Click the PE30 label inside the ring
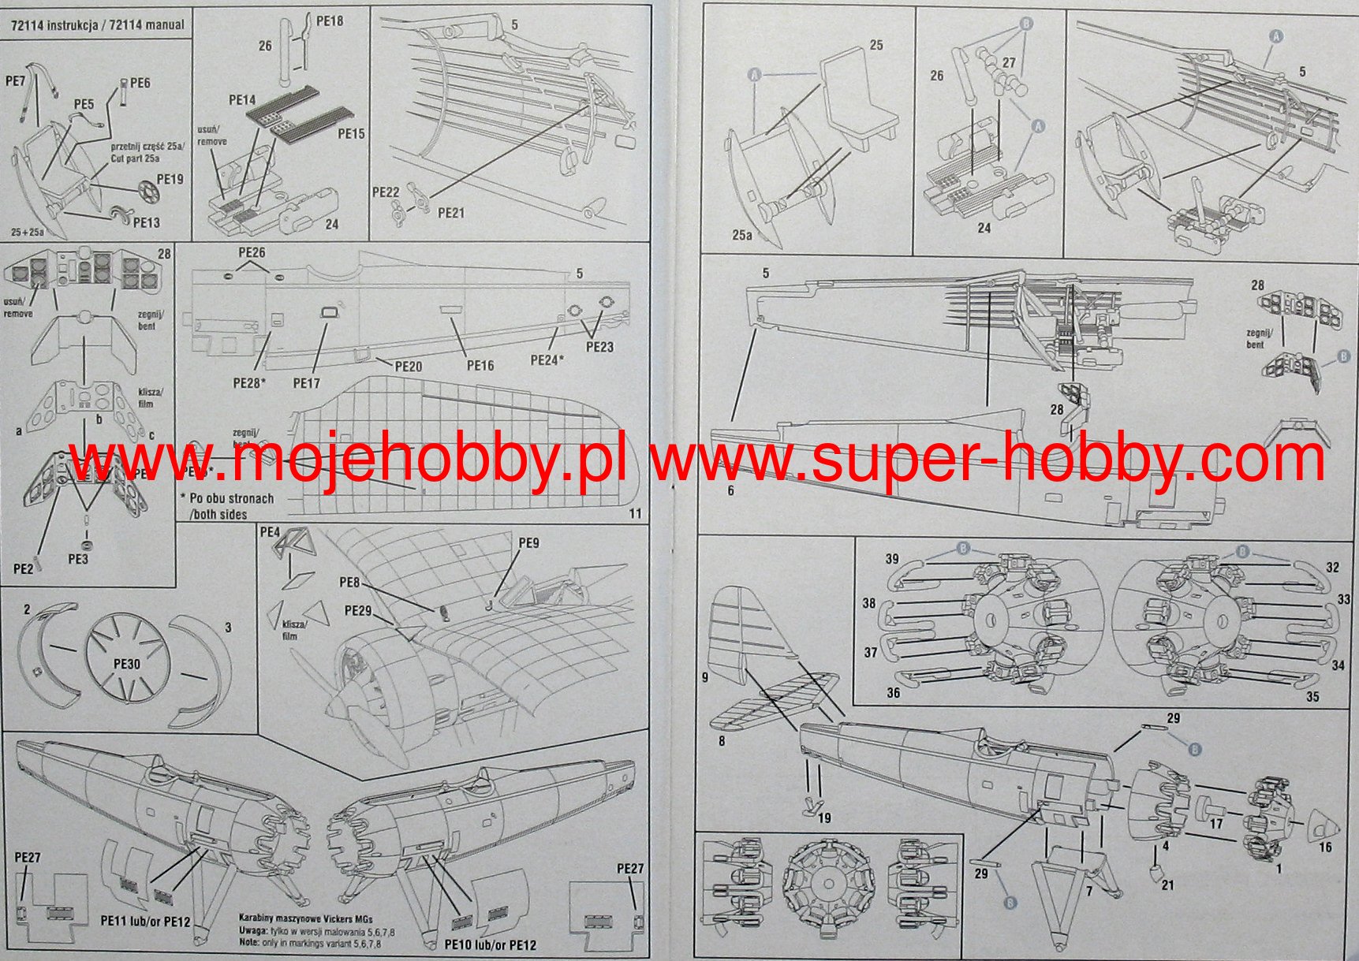tap(126, 664)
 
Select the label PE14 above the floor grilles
tap(242, 100)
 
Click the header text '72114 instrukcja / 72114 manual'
tap(98, 25)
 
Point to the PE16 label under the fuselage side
tap(480, 365)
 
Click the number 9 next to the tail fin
tap(705, 676)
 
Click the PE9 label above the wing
tap(528, 543)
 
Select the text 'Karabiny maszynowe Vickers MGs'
tap(306, 918)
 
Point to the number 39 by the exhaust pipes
tap(892, 559)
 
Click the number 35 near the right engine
tap(1312, 697)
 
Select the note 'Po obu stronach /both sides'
tap(226, 506)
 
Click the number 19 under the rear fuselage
tap(824, 818)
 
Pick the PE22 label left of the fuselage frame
tap(386, 192)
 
